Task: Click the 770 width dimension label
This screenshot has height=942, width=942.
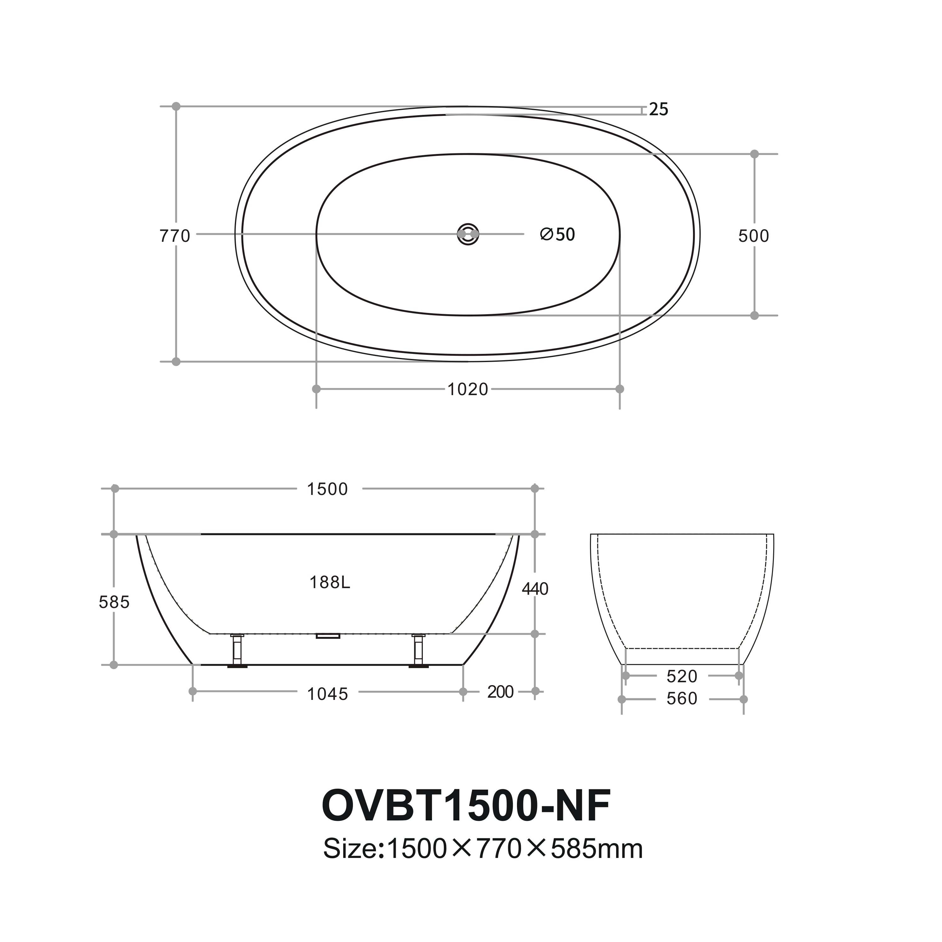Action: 174,236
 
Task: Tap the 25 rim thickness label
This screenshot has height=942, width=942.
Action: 658,110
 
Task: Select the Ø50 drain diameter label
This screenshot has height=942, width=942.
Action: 558,235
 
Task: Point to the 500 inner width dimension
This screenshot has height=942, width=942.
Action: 753,236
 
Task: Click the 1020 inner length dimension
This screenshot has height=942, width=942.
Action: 468,389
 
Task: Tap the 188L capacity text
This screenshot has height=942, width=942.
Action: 330,583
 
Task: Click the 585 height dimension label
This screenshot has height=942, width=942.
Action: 114,603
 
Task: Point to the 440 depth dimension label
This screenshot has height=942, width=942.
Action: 535,589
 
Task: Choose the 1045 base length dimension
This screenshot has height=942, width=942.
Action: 328,694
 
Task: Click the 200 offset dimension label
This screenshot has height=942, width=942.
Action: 500,692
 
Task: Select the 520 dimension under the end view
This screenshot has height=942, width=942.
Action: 682,677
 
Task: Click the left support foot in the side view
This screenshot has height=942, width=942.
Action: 237,650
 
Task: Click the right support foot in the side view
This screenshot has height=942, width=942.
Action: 418,650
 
